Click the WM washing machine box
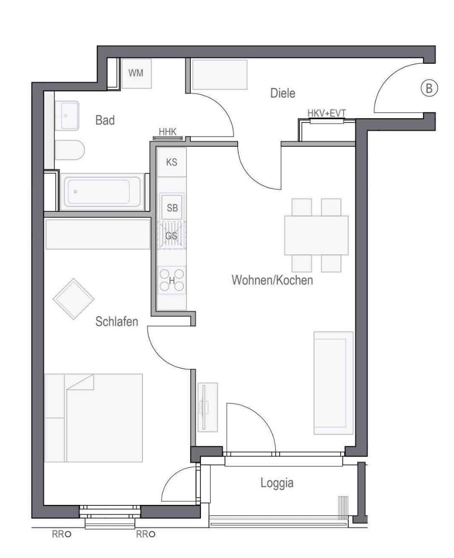coord(136,73)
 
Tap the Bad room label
coord(105,120)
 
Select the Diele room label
coord(283,93)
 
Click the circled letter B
coord(429,87)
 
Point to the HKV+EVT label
coord(326,113)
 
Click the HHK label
coord(168,132)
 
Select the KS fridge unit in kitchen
coord(171,162)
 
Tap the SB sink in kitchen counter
coord(172,207)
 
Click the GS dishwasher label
coord(171,236)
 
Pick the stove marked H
coord(171,280)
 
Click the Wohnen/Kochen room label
coord(272,280)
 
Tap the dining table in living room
coord(316,235)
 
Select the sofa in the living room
coord(333,383)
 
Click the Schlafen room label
coord(117,321)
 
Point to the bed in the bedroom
coord(93,418)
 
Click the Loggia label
coord(277,483)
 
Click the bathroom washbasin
coord(67,116)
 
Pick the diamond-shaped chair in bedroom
coord(74,299)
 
